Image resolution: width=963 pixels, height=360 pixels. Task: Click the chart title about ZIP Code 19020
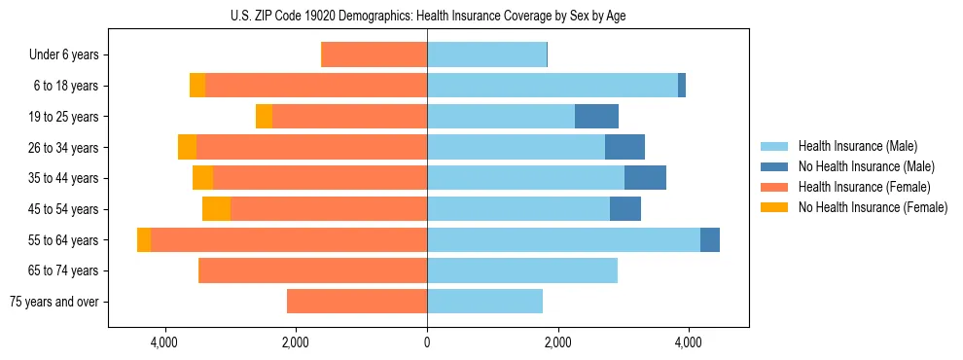(x=428, y=16)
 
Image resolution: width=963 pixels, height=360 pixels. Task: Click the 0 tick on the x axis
(x=427, y=343)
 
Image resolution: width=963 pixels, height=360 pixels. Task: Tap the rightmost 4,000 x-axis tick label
(x=689, y=343)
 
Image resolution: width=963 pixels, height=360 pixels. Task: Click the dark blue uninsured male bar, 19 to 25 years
(x=596, y=117)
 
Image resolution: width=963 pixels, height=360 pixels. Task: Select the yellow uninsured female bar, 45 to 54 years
(x=216, y=209)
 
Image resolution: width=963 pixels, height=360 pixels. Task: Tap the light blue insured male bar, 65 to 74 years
(x=522, y=270)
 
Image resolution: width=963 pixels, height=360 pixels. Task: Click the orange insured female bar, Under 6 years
(x=374, y=55)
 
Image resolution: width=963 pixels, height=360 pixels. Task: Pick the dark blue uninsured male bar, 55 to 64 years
(x=710, y=240)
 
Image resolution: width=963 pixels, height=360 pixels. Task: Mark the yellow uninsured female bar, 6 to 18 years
(x=197, y=86)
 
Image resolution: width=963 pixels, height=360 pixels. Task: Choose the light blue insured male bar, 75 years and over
(x=484, y=302)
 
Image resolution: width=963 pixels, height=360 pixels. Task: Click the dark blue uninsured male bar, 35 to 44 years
(x=645, y=178)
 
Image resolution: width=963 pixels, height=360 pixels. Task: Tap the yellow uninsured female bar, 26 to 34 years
(x=187, y=148)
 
